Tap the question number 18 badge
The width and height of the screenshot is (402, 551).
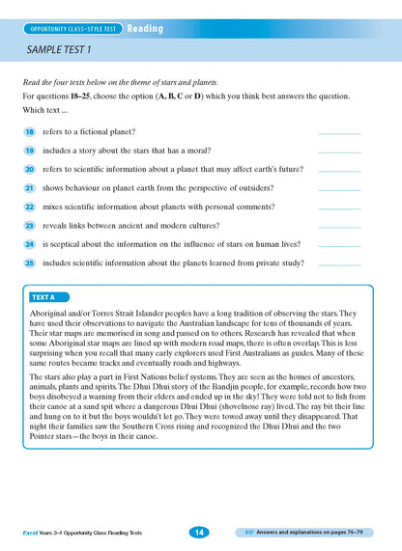[x=30, y=131]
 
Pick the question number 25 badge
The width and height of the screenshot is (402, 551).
[x=30, y=262]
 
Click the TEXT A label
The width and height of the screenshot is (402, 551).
[x=44, y=297]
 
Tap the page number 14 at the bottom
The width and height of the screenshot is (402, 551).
[x=197, y=532]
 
